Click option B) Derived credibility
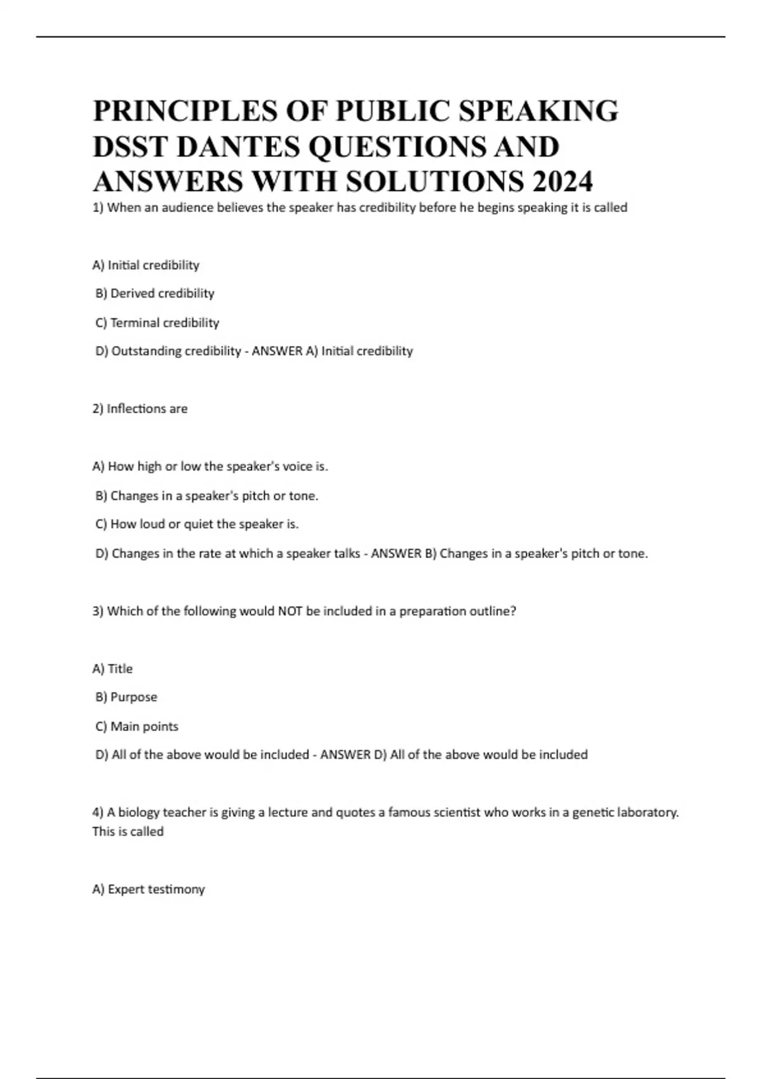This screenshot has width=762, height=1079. click(x=154, y=293)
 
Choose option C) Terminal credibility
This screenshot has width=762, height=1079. click(x=157, y=322)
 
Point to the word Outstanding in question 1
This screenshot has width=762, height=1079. click(x=144, y=351)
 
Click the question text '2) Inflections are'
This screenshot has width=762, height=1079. click(x=140, y=409)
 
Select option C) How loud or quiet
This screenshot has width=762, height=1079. click(x=197, y=524)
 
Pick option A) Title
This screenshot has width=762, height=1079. click(x=112, y=668)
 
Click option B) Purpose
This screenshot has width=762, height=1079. click(x=126, y=697)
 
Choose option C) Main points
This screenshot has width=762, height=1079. click(x=137, y=726)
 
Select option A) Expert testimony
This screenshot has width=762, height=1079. click(x=149, y=889)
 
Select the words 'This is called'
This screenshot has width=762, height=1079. click(x=128, y=831)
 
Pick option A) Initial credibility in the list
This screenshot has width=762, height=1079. click(x=145, y=265)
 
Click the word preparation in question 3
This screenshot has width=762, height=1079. click(x=432, y=611)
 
